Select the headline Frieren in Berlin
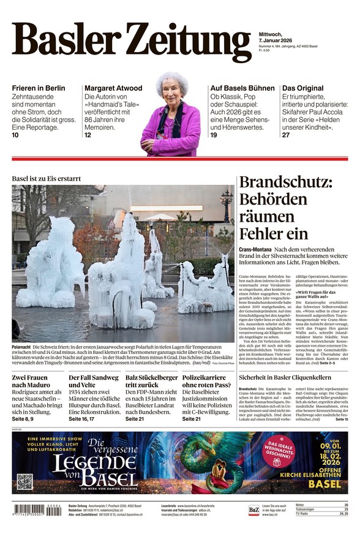pos(38,88)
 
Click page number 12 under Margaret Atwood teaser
pos(88,135)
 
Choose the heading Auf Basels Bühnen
pos(242,88)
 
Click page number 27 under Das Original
pos(286,135)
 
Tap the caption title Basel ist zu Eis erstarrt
pos(47,178)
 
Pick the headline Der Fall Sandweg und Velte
pos(94,383)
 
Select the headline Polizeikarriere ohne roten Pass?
pos(208,383)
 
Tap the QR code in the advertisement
pos(24,481)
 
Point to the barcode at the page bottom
pos(37,510)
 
